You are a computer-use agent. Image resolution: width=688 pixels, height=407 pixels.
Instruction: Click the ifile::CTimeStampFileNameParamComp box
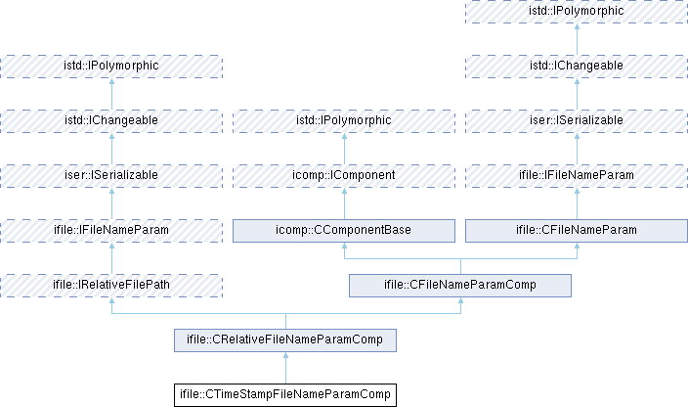point(285,395)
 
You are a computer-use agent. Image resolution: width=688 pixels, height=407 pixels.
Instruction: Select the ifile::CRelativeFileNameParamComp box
point(285,340)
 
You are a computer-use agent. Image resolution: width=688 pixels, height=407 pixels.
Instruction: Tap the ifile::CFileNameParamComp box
point(460,285)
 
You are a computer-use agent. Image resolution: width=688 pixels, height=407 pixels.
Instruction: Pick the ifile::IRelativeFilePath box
point(111,285)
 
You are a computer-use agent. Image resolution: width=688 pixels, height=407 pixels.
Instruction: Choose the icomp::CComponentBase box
point(343,230)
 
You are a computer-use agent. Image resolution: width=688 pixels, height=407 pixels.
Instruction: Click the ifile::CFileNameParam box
point(577,230)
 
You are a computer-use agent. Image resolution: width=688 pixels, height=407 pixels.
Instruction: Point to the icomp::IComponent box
point(343,175)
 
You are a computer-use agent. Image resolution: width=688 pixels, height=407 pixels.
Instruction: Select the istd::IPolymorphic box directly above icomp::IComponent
point(343,120)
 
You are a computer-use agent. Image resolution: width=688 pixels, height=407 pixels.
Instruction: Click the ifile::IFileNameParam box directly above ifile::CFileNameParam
point(577,175)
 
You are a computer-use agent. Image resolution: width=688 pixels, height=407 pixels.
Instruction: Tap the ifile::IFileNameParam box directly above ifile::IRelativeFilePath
point(111,230)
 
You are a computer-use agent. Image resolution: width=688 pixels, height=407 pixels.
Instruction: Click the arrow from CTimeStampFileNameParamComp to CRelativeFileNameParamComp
point(285,368)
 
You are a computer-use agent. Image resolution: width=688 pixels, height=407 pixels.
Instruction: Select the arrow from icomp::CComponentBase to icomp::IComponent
point(343,203)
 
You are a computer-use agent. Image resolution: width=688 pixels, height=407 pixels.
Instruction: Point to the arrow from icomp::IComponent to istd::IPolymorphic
point(343,148)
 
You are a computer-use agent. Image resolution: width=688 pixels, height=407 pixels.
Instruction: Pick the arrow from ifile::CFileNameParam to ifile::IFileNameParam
point(577,203)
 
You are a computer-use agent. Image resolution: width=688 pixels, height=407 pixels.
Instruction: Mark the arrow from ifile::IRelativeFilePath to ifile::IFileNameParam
point(111,257)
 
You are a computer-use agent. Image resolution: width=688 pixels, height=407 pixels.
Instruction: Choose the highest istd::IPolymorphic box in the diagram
point(577,11)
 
